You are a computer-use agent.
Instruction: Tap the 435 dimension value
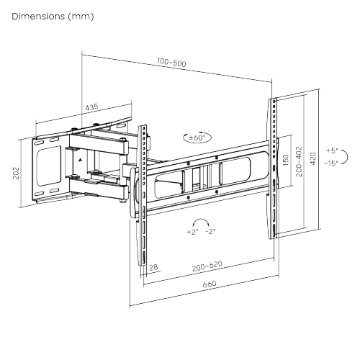coord(91,107)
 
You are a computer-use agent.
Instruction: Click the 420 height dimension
coord(312,158)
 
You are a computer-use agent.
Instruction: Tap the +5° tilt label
coord(330,151)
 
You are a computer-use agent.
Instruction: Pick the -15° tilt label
coord(331,163)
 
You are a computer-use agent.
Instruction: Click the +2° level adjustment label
coord(192,232)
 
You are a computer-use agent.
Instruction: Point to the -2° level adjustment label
coord(211,232)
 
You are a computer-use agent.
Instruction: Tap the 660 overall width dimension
coord(209,286)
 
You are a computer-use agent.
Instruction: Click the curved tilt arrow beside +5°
coord(345,157)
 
